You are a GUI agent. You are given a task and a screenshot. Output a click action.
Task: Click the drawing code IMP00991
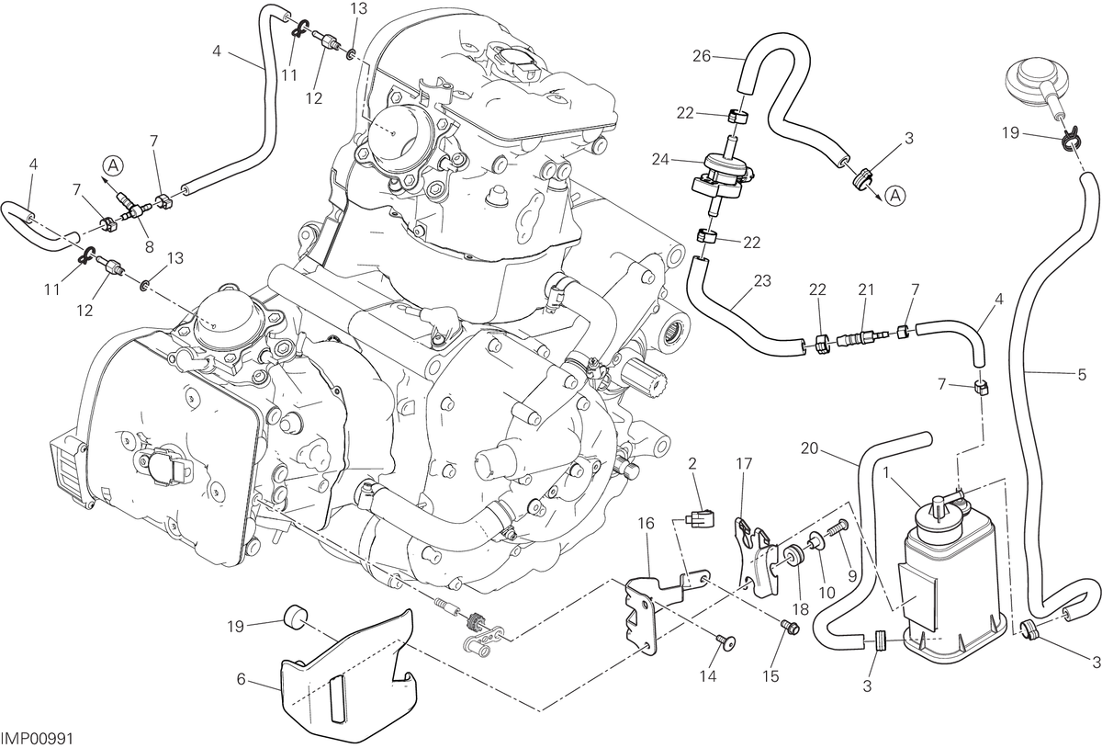[x=38, y=739]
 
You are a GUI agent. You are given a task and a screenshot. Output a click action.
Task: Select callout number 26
[x=702, y=57]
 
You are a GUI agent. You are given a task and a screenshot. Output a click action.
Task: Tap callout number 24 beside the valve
[x=660, y=160]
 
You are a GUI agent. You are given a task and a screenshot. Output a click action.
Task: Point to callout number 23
[x=762, y=281]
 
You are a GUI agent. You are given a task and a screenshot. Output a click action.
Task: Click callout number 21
[x=866, y=289]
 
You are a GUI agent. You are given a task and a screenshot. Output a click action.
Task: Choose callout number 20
[x=809, y=448]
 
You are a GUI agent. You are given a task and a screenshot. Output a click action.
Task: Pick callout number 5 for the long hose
[x=1082, y=375]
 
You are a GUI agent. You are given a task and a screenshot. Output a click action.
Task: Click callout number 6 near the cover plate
[x=241, y=680]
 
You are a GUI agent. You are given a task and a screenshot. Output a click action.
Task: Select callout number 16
[x=647, y=524]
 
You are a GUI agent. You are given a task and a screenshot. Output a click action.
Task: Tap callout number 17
[x=745, y=464]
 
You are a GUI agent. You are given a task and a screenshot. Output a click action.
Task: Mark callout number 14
[x=708, y=677]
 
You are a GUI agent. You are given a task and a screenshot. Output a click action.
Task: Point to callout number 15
[x=770, y=677]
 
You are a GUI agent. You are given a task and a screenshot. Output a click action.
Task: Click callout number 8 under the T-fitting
[x=150, y=246]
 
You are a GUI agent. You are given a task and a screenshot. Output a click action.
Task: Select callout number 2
[x=692, y=463]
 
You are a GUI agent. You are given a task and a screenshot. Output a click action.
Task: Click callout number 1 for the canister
[x=886, y=474]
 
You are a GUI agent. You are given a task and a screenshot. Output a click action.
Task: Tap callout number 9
[x=852, y=575]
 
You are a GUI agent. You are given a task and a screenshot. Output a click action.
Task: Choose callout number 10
[x=827, y=593]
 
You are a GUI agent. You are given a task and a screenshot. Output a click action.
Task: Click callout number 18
[x=801, y=609]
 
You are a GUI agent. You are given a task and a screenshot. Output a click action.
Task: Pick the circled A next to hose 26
[x=895, y=196]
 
